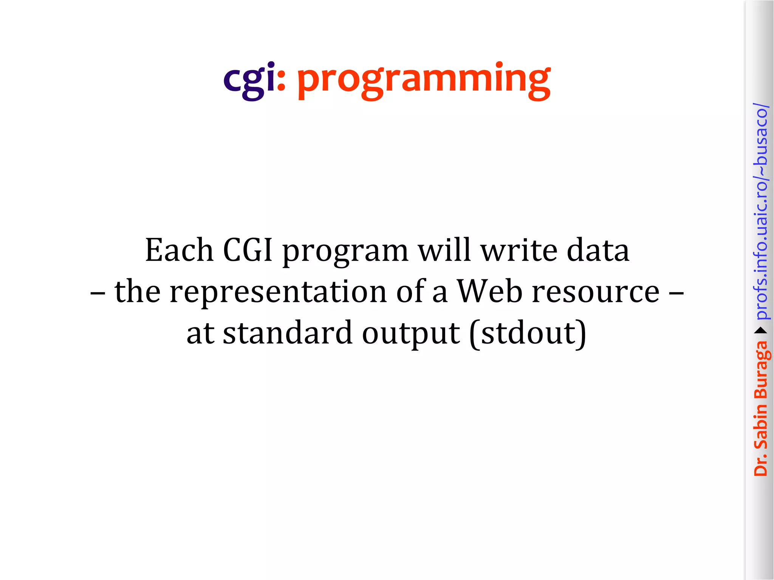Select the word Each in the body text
[x=179, y=250]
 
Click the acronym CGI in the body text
[x=248, y=250]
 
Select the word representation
[x=278, y=292]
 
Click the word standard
[x=288, y=333]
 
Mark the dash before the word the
[x=98, y=293]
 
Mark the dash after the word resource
[x=676, y=293]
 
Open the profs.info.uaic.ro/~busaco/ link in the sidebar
[x=760, y=211]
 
